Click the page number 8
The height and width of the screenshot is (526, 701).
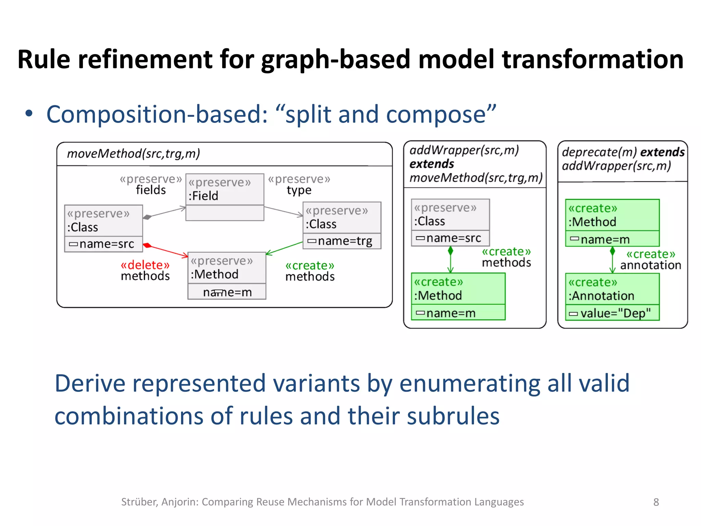pyautogui.click(x=656, y=502)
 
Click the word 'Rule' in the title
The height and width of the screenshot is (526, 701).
pyautogui.click(x=44, y=60)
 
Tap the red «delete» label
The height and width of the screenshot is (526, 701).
pyautogui.click(x=145, y=265)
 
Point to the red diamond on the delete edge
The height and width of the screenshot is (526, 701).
pyautogui.click(x=147, y=245)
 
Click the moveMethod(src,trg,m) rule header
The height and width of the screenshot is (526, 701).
pyautogui.click(x=133, y=154)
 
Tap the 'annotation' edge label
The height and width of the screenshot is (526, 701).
pyautogui.click(x=650, y=265)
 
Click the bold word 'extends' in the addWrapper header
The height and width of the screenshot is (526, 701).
pyautogui.click(x=432, y=164)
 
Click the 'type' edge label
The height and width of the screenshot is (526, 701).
pyautogui.click(x=299, y=190)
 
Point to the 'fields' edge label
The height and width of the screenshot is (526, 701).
pyautogui.click(x=151, y=190)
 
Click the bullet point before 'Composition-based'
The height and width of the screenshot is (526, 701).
pyautogui.click(x=29, y=114)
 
